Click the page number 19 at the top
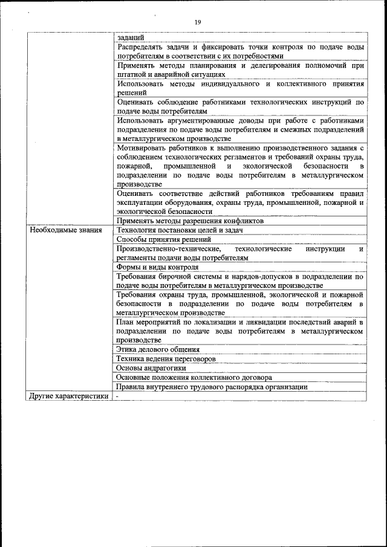(x=198, y=22)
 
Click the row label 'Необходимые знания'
(x=66, y=230)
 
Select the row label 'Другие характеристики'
(x=69, y=396)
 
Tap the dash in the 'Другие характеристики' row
(x=118, y=396)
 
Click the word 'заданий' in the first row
(x=130, y=37)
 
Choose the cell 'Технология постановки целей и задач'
(x=179, y=230)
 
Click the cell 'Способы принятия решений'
(x=163, y=239)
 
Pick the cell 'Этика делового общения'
(x=158, y=350)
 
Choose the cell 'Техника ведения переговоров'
(x=166, y=359)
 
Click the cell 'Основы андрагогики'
(x=151, y=368)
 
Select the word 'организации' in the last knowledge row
(x=287, y=387)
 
